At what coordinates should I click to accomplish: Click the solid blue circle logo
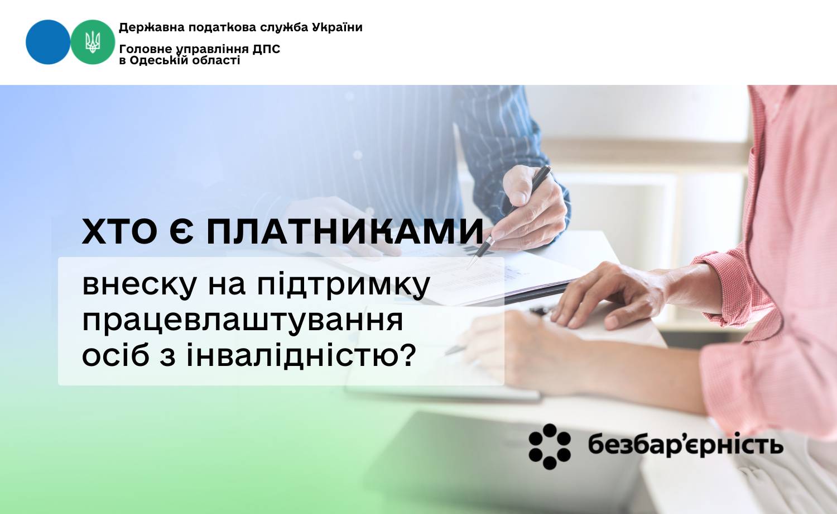pyautogui.click(x=48, y=42)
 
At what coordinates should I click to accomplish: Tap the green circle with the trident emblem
pyautogui.click(x=93, y=42)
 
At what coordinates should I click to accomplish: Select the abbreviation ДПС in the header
pyautogui.click(x=266, y=49)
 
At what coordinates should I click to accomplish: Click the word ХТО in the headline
pyautogui.click(x=119, y=231)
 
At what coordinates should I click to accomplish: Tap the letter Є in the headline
pyautogui.click(x=181, y=231)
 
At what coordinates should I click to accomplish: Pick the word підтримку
pyautogui.click(x=344, y=285)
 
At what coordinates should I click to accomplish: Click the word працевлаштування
pyautogui.click(x=243, y=321)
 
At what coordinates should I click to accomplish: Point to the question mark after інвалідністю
pyautogui.click(x=409, y=354)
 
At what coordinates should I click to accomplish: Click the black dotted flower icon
pyautogui.click(x=550, y=446)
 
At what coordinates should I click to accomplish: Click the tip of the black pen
pyautogui.click(x=468, y=268)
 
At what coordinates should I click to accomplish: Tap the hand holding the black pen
pyautogui.click(x=532, y=210)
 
